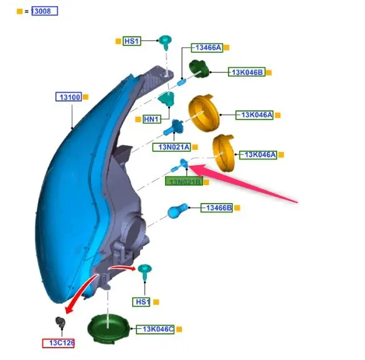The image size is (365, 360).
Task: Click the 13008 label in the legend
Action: (x=44, y=11)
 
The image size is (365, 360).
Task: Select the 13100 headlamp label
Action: (x=69, y=97)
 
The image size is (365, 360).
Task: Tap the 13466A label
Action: (x=207, y=48)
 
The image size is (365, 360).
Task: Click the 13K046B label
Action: (x=247, y=72)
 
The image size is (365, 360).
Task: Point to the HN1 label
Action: (x=152, y=120)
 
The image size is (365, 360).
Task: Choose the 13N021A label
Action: (x=172, y=147)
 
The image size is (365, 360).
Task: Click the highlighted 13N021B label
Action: (x=184, y=181)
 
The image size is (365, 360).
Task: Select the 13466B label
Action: (x=217, y=207)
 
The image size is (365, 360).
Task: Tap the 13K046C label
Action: (x=155, y=329)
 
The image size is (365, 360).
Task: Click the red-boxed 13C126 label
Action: (x=59, y=343)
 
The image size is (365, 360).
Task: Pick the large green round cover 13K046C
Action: (x=108, y=328)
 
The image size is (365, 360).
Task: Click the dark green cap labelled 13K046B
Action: (x=199, y=69)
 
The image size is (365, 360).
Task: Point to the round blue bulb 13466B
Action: (x=178, y=211)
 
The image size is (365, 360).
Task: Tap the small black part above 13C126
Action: (x=60, y=322)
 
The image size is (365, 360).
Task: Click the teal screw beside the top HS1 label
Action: (x=165, y=42)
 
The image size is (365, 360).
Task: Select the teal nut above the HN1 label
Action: (x=166, y=98)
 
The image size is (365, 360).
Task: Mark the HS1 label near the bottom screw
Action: (x=141, y=302)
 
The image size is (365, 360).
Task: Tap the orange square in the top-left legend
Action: (x=19, y=11)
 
